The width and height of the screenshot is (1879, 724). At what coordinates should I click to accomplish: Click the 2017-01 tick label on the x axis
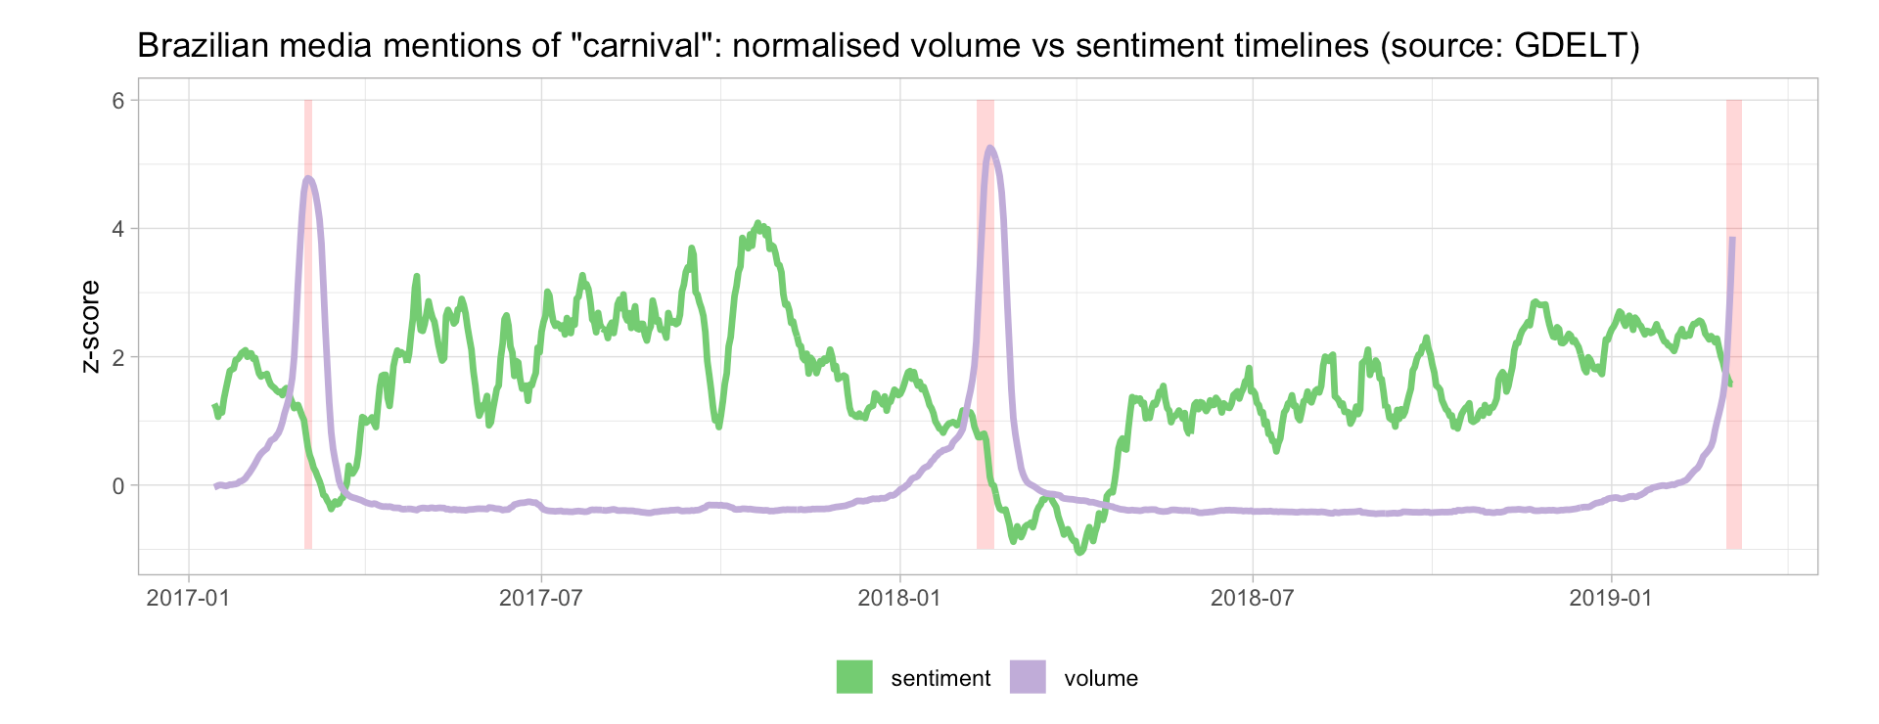click(188, 598)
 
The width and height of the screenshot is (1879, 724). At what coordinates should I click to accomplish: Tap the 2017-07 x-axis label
click(541, 598)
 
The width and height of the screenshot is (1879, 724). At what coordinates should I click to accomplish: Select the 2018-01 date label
click(898, 598)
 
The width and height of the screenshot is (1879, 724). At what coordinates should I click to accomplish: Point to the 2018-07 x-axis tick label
click(1253, 598)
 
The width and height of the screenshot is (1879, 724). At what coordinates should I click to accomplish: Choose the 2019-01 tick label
click(1610, 598)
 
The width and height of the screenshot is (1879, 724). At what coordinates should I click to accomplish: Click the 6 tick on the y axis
click(119, 101)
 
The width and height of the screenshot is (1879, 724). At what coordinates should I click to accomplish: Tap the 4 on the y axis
click(119, 229)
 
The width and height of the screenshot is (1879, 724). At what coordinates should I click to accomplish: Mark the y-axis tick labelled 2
click(119, 357)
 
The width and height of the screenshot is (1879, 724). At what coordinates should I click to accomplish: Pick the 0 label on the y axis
click(119, 485)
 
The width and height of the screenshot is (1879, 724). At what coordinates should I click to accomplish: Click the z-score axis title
click(91, 326)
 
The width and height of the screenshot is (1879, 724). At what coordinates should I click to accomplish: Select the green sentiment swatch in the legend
click(854, 677)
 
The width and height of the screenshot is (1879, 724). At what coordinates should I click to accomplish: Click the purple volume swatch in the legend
click(1028, 677)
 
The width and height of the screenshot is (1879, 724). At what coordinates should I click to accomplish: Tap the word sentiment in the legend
click(940, 678)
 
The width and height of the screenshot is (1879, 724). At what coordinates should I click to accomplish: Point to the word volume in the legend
click(1101, 678)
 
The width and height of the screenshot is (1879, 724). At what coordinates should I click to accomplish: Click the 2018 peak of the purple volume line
click(990, 148)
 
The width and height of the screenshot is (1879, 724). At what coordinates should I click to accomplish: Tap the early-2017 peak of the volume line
click(308, 178)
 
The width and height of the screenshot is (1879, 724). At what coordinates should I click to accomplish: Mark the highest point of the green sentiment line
click(757, 224)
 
